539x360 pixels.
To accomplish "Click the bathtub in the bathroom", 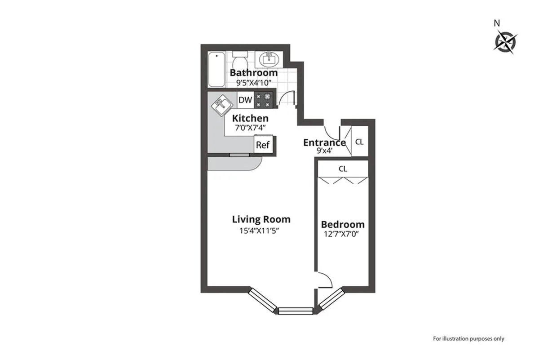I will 217,71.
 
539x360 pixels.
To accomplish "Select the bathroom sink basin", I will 269,59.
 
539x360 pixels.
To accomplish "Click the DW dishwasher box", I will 245,100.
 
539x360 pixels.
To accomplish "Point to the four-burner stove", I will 264,100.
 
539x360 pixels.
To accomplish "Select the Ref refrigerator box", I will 262,145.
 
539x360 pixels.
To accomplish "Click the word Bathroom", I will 254,73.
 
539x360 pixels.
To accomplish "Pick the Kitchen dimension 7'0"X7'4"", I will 250,127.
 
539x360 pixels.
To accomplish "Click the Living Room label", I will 261,219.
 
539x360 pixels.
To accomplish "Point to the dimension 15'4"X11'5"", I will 261,231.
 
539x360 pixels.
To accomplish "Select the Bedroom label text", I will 343,224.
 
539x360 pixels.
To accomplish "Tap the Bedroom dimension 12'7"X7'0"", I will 343,234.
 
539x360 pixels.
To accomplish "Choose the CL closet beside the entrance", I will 359,142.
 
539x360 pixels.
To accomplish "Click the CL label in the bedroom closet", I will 343,169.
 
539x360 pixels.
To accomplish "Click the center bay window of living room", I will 295,310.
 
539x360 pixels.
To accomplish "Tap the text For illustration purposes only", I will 468,338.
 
